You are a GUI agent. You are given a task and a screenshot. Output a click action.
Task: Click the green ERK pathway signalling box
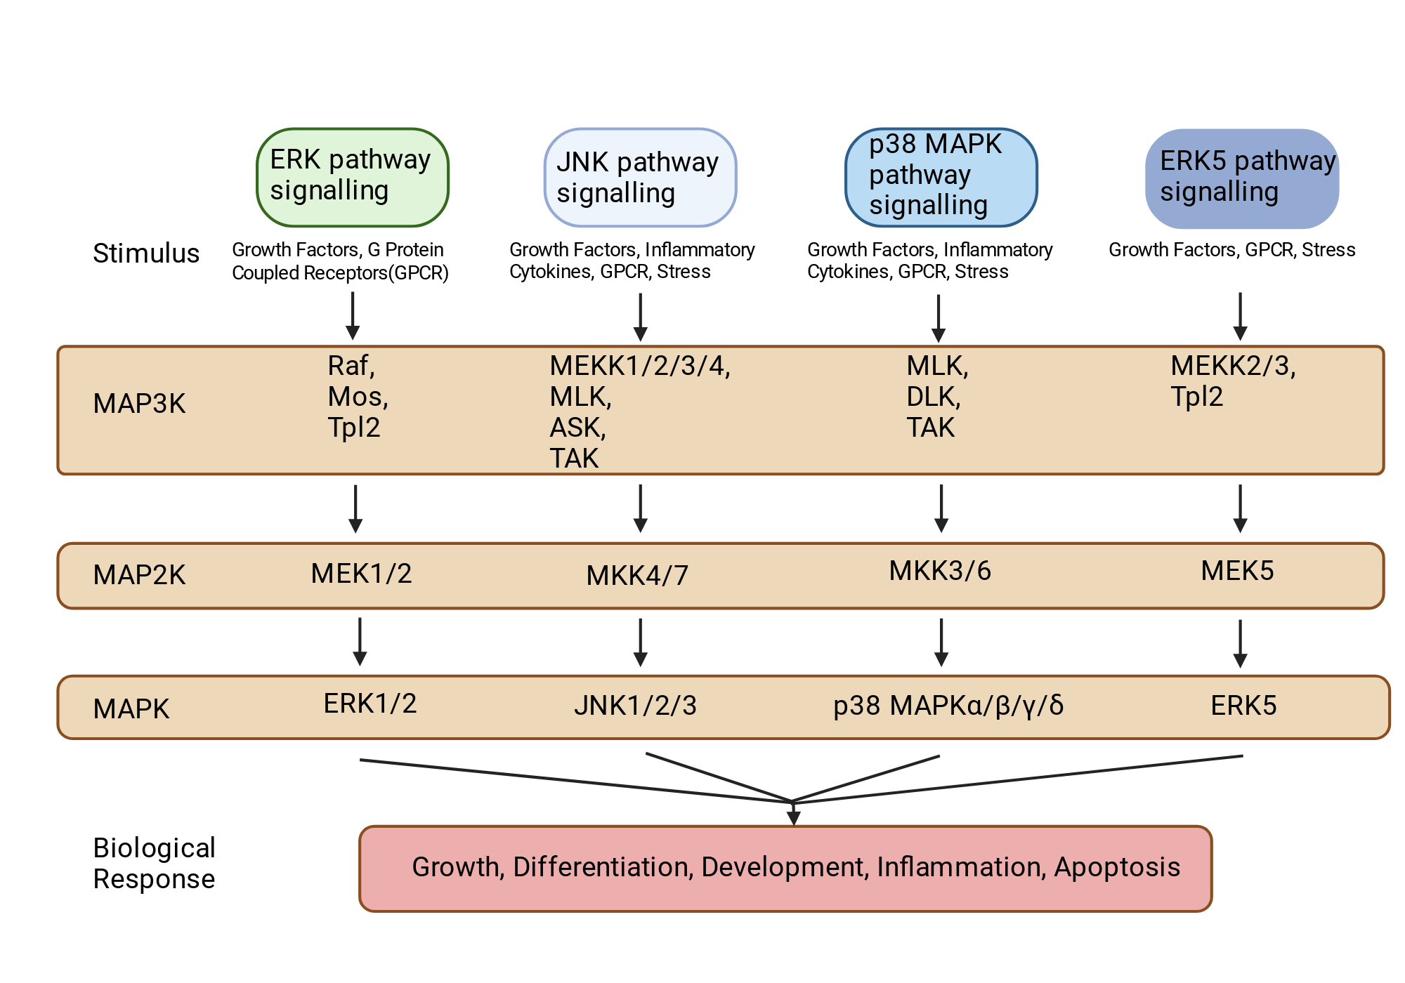tap(353, 177)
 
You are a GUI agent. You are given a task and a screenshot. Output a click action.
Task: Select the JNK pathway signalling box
tap(640, 177)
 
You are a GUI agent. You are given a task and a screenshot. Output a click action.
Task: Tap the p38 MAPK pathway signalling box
tap(941, 177)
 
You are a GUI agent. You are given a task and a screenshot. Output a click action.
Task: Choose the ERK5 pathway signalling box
tap(1242, 178)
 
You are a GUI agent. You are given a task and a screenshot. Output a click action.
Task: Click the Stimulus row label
tap(146, 253)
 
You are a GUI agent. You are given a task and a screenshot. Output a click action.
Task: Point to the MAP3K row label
tap(139, 404)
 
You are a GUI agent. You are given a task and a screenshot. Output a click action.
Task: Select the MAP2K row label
tap(139, 575)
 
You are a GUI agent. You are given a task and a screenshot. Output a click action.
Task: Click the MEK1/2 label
tap(361, 574)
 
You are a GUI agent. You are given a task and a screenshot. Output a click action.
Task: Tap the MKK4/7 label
tap(637, 576)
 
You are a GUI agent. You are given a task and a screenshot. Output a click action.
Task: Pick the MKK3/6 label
tap(940, 571)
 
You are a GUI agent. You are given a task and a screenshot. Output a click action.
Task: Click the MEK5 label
tap(1237, 571)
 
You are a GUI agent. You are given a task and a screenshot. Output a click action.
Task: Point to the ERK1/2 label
tap(370, 704)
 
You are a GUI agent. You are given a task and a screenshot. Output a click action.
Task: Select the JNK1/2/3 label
tap(635, 706)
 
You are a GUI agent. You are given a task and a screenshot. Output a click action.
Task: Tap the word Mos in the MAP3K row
tap(355, 397)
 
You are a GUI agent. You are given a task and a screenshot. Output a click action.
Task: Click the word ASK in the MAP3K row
tap(575, 428)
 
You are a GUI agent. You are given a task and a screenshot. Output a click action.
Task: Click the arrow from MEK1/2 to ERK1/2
tap(360, 642)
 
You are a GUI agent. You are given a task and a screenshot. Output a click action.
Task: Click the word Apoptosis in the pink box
tap(1117, 868)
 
